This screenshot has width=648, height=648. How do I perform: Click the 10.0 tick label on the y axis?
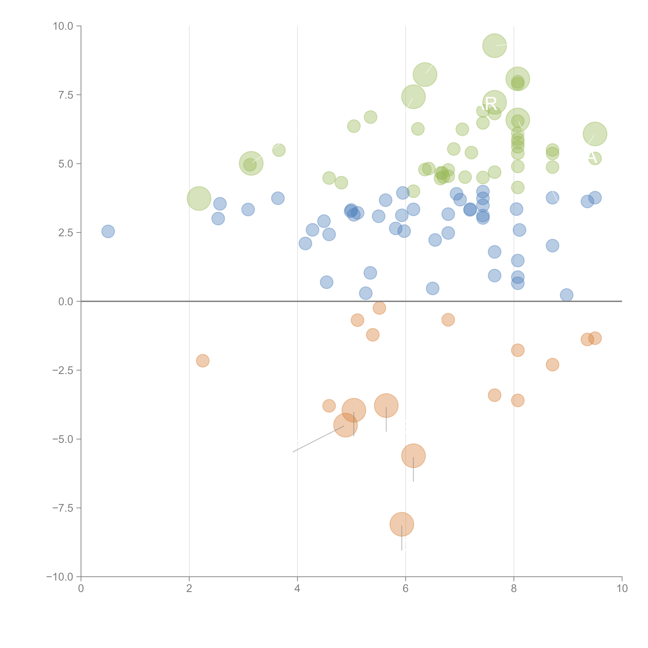click(63, 26)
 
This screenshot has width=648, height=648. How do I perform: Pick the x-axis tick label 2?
click(189, 589)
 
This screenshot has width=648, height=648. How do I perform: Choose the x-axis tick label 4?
click(297, 589)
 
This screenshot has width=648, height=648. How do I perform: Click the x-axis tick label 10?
click(622, 589)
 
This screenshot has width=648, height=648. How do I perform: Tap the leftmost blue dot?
click(108, 231)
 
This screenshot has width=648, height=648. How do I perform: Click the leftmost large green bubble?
click(199, 199)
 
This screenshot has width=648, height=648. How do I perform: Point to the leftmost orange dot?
click(203, 361)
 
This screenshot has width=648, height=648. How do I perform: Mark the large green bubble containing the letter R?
click(494, 102)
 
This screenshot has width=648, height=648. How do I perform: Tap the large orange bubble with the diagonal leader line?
click(346, 425)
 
